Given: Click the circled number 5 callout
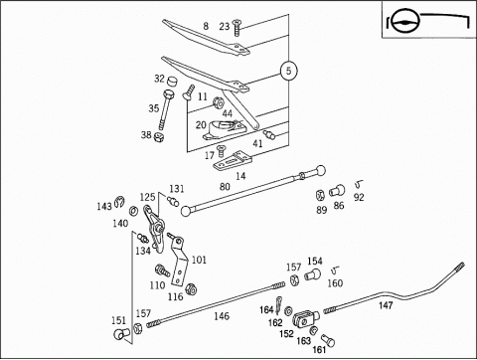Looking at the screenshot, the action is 288,71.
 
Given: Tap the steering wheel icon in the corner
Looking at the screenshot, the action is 404,22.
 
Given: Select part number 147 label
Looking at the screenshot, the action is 386,305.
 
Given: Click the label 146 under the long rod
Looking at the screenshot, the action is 222,316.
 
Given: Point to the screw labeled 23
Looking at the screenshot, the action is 238,28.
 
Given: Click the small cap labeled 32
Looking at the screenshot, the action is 172,81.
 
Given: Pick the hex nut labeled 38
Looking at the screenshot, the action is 159,136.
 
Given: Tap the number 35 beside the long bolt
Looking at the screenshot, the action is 154,108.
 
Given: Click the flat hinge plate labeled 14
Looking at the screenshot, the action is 233,161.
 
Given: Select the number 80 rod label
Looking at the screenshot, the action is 225,187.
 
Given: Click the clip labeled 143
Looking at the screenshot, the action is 119,202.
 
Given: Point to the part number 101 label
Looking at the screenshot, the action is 199,260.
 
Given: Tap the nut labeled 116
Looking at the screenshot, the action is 191,288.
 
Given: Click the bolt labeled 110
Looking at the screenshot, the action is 163,270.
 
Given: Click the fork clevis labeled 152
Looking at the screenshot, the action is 305,318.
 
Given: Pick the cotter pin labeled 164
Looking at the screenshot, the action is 278,305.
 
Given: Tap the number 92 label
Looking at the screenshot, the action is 359,197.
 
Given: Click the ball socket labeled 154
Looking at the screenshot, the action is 313,274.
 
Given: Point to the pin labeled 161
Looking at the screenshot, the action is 328,340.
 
